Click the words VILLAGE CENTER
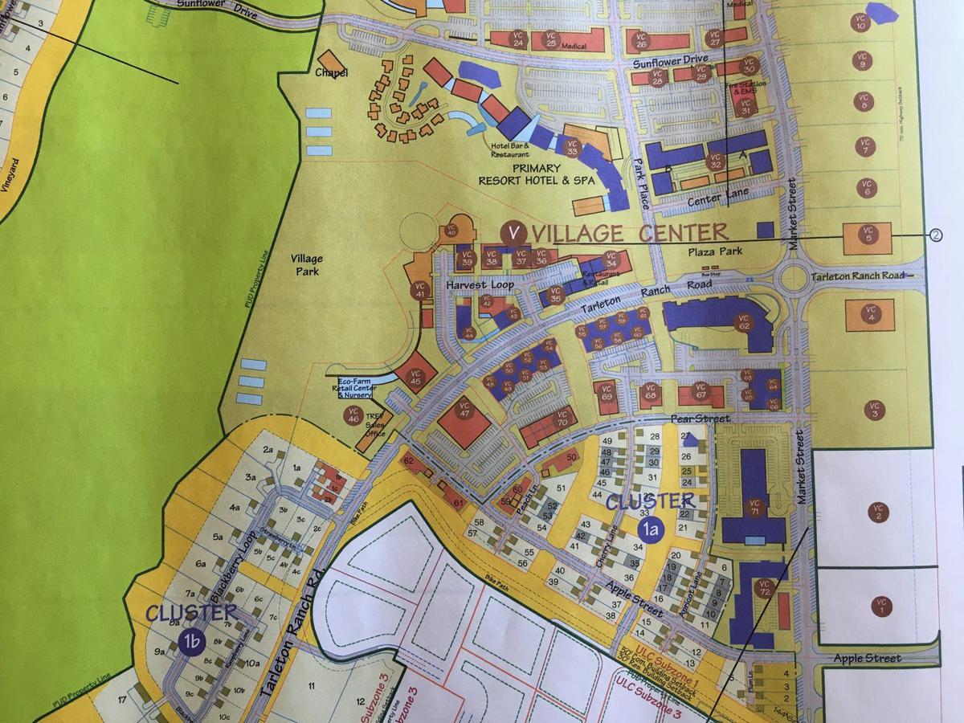(x=631, y=233)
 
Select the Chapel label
(x=331, y=73)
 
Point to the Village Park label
(x=307, y=265)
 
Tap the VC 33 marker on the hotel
(x=572, y=147)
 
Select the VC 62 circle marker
(x=743, y=323)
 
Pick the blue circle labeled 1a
(x=650, y=528)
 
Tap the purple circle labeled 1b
(x=191, y=640)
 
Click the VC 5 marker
(x=867, y=234)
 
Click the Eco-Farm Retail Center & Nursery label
(x=354, y=387)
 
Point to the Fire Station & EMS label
(x=745, y=87)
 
